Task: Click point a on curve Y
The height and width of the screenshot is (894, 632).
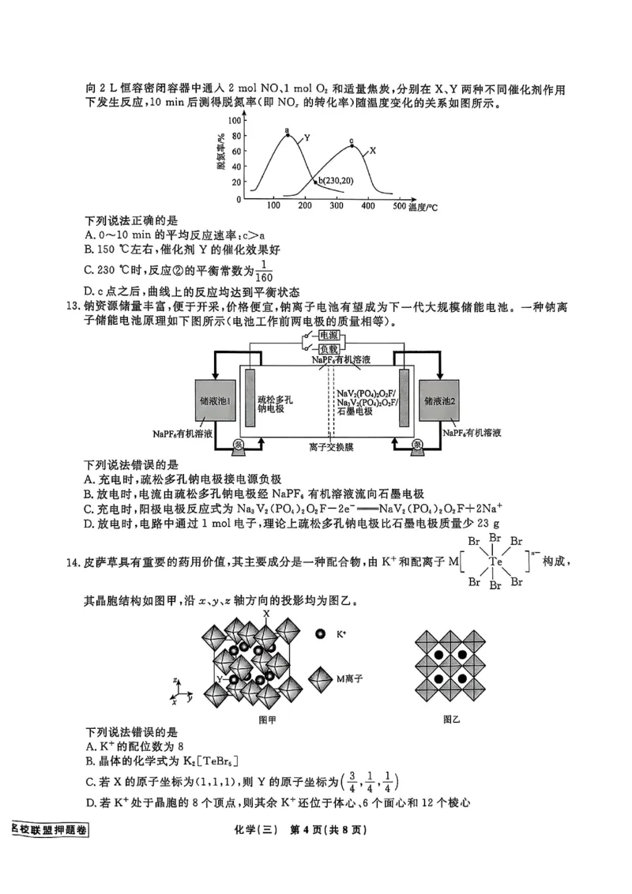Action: pyautogui.click(x=288, y=136)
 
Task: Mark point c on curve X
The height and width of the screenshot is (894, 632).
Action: pyautogui.click(x=352, y=145)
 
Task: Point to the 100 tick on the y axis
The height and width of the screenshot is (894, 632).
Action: pyautogui.click(x=235, y=121)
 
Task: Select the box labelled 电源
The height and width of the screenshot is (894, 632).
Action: pyautogui.click(x=328, y=336)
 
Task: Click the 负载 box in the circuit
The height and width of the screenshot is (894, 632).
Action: pyautogui.click(x=328, y=348)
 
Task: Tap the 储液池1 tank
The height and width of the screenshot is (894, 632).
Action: pyautogui.click(x=216, y=401)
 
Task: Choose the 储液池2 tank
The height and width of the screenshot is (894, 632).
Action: pyautogui.click(x=440, y=401)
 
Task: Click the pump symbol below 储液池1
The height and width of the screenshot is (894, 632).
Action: pyautogui.click(x=240, y=445)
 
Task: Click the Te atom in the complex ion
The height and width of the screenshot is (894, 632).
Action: pyautogui.click(x=495, y=562)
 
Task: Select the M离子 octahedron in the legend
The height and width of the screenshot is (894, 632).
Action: pyautogui.click(x=320, y=678)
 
